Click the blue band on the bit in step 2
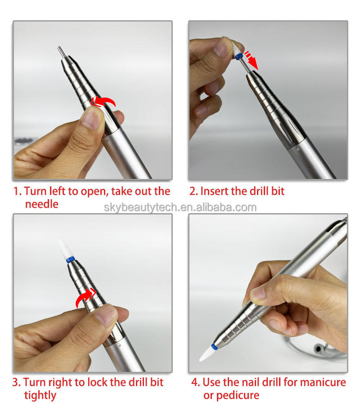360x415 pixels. (x=238, y=56)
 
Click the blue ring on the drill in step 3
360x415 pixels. (x=71, y=259)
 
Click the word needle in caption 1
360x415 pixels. (x=41, y=204)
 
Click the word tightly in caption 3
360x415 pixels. (x=40, y=395)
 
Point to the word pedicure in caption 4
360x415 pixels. (x=238, y=395)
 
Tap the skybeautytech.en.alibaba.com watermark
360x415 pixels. (x=180, y=207)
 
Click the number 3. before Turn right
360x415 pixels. (x=16, y=383)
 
